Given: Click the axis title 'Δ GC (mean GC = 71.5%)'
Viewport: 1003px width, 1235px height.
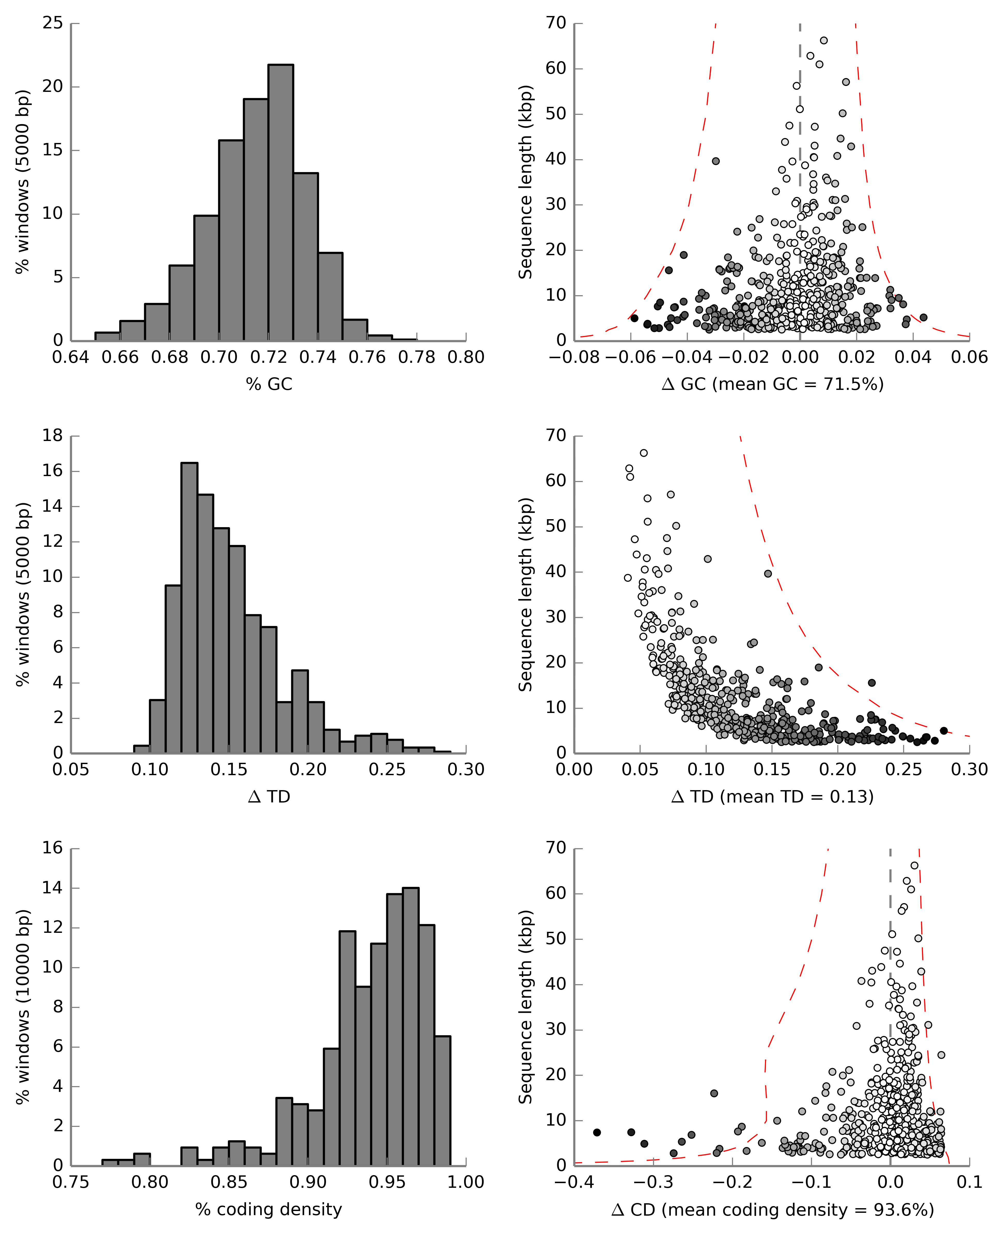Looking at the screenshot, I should (773, 384).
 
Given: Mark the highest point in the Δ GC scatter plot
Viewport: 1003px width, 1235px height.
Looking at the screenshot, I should (824, 41).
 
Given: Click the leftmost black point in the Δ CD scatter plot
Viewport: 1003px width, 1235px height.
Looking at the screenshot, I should (597, 1132).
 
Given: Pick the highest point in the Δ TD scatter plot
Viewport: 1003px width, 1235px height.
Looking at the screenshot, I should (644, 453).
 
